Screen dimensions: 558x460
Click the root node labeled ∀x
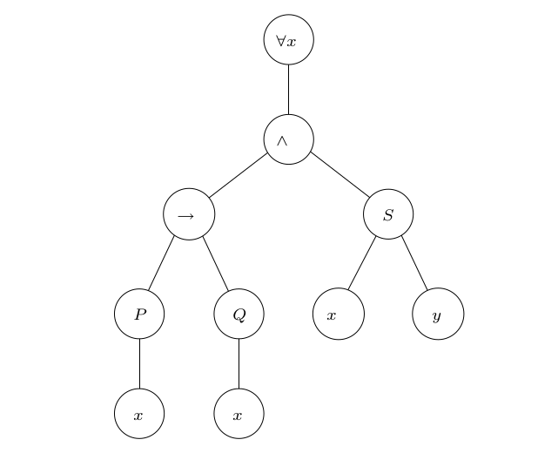coord(289,39)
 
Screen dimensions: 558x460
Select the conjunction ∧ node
coord(289,139)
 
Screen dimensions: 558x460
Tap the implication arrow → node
coord(189,214)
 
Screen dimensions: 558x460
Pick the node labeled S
coord(388,214)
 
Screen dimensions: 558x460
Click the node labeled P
coord(139,314)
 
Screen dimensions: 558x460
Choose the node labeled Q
coord(239,314)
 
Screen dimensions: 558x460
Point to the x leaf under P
coord(139,413)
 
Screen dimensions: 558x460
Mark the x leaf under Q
coord(239,413)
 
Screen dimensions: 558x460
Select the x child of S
coord(339,314)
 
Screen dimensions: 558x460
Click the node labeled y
coord(438,314)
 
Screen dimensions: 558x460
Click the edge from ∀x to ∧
coord(289,90)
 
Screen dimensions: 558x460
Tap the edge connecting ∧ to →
coord(238,175)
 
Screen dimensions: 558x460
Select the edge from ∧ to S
coord(340,174)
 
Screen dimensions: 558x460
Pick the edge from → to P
coord(161,263)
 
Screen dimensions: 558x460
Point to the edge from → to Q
coord(216,264)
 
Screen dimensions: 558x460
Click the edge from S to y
coord(414,263)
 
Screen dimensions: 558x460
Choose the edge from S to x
coord(362,263)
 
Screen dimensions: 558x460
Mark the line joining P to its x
coord(139,363)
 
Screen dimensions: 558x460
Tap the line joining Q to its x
coord(239,363)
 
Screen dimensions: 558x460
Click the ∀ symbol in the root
coord(281,41)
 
